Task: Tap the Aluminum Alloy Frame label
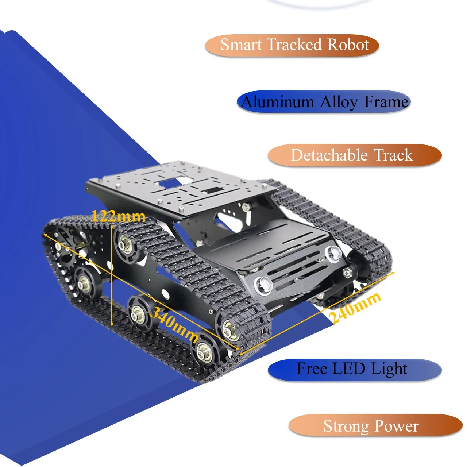324,102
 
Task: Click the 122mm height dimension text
118,216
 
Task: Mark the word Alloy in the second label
339,102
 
